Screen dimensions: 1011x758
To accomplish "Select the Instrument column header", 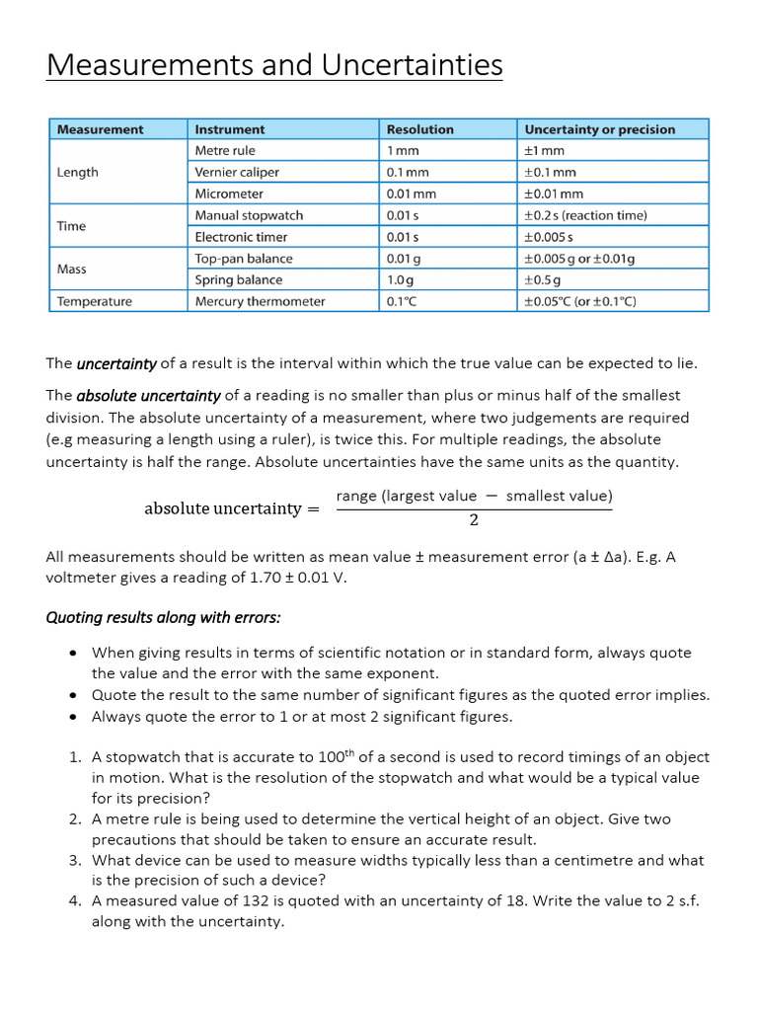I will pyautogui.click(x=230, y=129).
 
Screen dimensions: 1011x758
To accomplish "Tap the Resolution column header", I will pyautogui.click(x=419, y=129).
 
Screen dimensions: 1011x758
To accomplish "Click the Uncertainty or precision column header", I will pyautogui.click(x=599, y=129).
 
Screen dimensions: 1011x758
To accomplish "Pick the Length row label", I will pyautogui.click(x=78, y=172).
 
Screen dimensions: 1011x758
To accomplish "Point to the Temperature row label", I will pyautogui.click(x=94, y=301).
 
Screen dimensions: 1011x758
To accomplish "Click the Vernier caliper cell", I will pyautogui.click(x=237, y=172).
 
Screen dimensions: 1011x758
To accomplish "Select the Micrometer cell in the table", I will pyautogui.click(x=229, y=194).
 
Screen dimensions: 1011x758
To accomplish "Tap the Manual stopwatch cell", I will pyautogui.click(x=249, y=215).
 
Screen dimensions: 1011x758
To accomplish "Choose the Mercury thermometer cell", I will pyautogui.click(x=260, y=301).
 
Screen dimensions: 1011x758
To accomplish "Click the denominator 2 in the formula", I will pyautogui.click(x=474, y=520).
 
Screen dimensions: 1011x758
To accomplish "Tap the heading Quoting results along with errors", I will pyautogui.click(x=163, y=617).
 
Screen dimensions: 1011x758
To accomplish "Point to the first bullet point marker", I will pyautogui.click(x=74, y=654).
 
